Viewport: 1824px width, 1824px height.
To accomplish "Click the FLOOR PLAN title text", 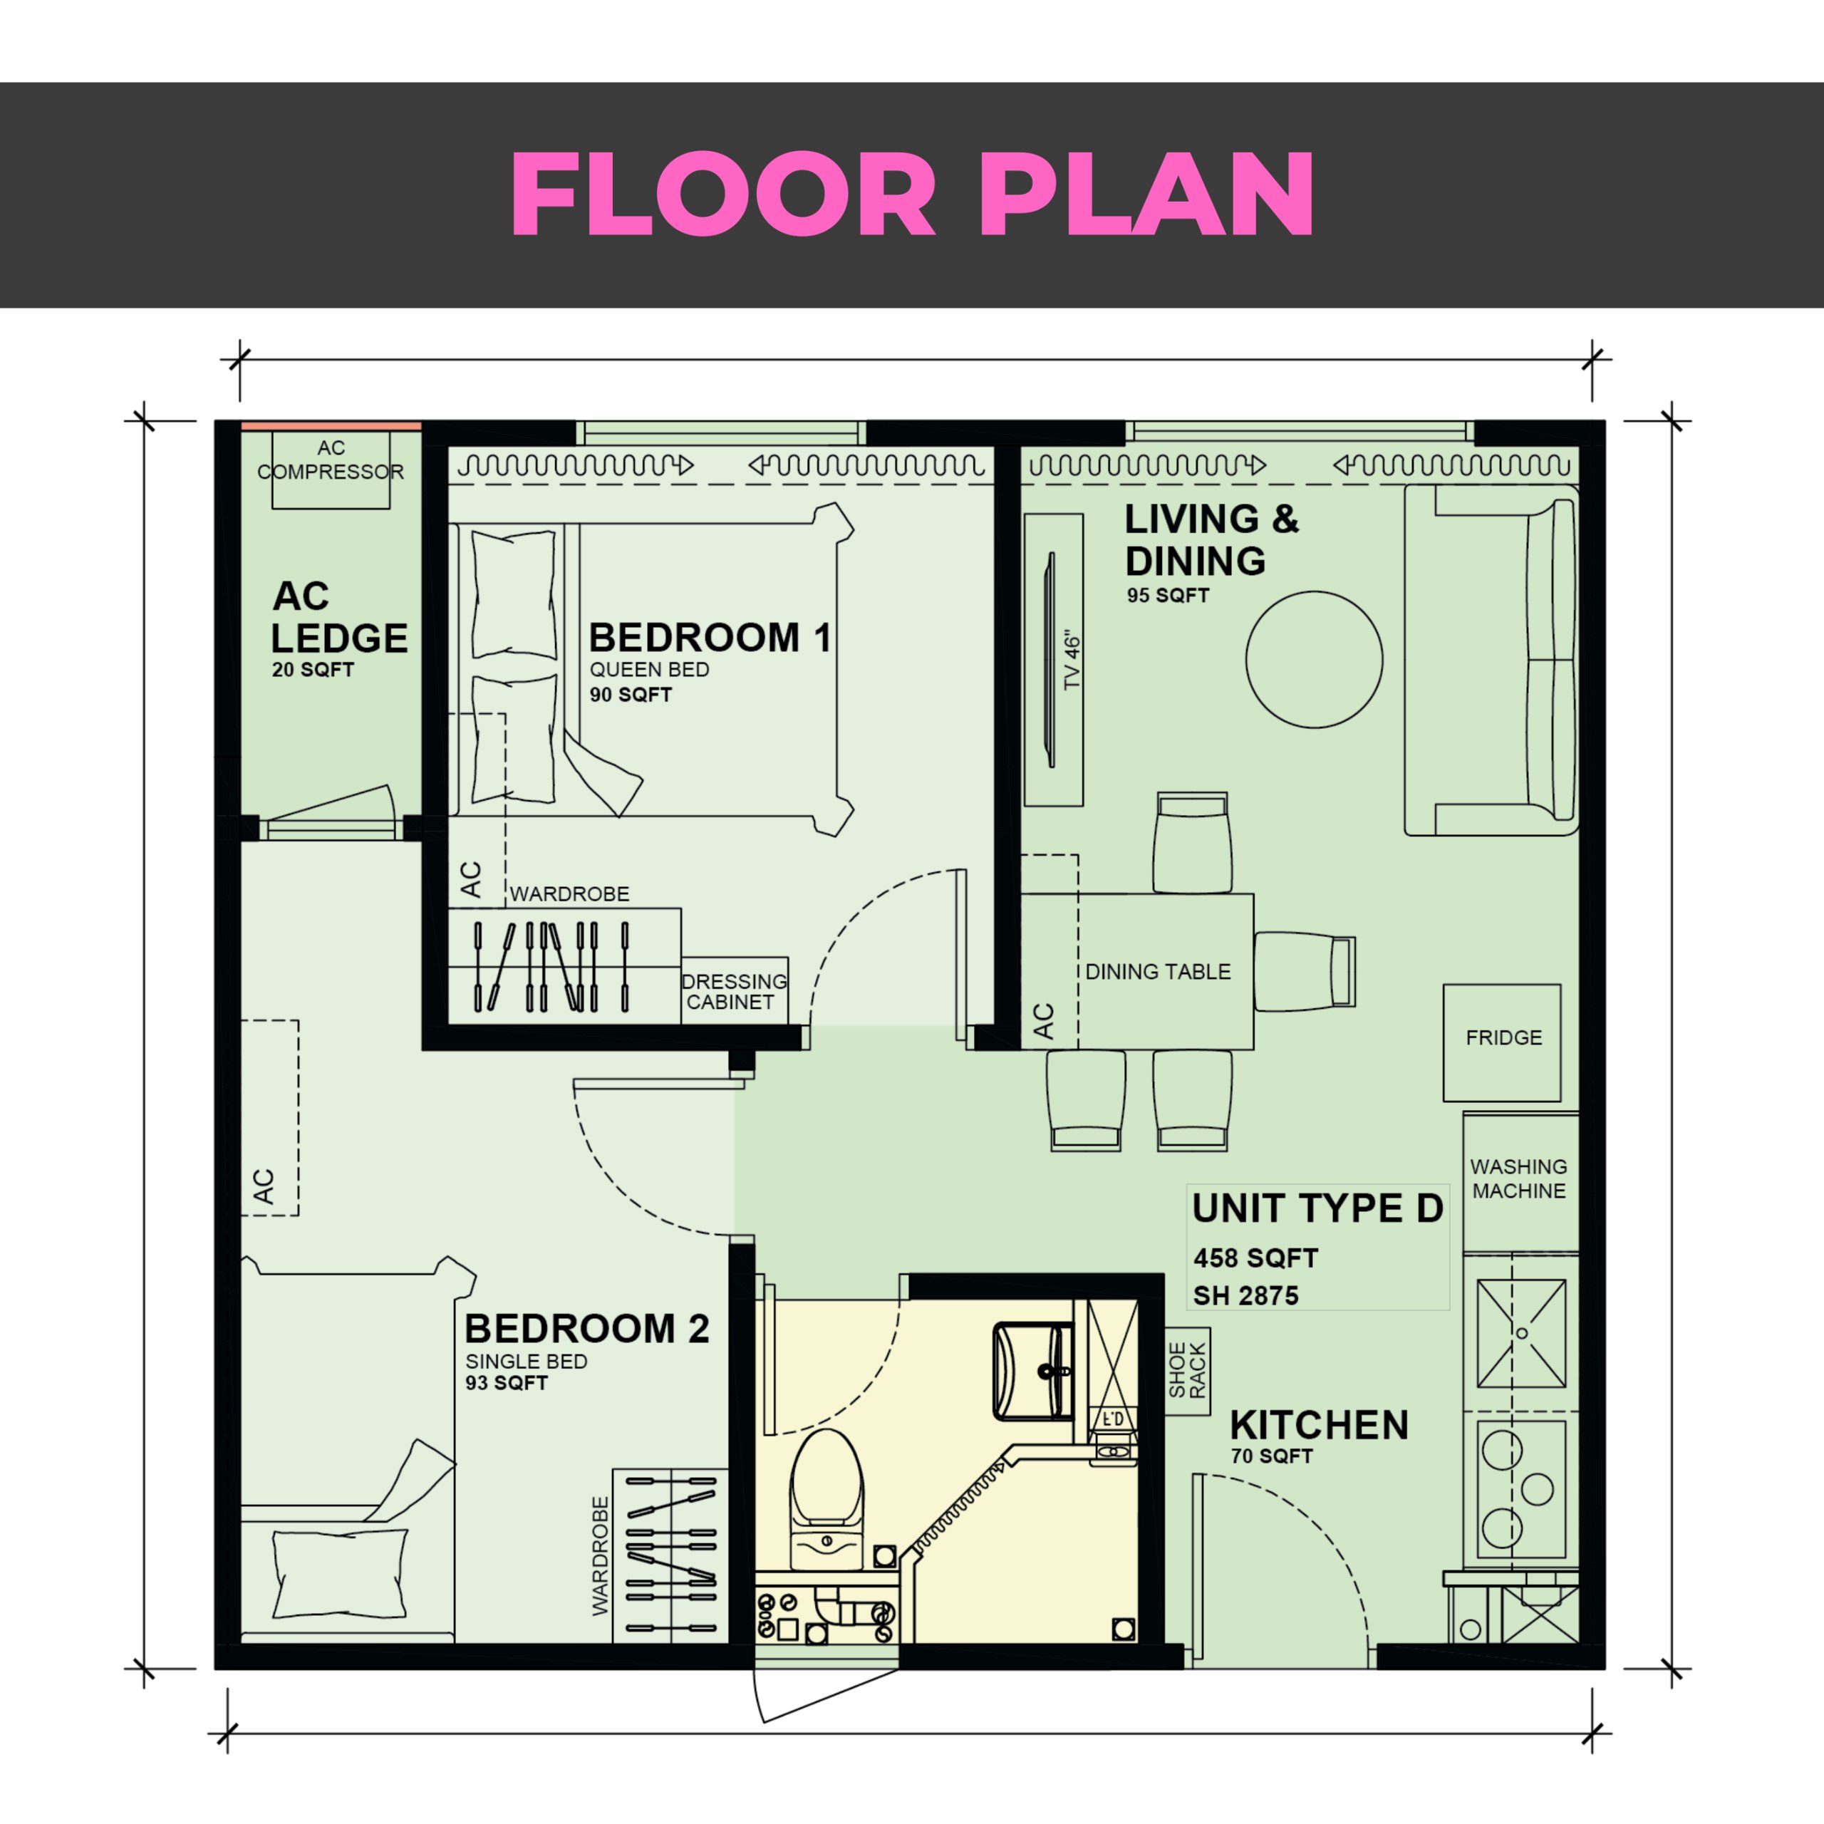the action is [x=912, y=194].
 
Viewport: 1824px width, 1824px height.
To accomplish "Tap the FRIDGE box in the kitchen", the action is [x=1502, y=1042].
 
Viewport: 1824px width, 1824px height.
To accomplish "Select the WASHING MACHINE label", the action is [x=1518, y=1178].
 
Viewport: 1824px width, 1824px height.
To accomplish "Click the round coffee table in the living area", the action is [x=1314, y=659].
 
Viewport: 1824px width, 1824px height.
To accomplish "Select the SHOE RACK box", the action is [x=1188, y=1372].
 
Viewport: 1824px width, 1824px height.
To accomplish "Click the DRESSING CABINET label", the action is [x=734, y=991].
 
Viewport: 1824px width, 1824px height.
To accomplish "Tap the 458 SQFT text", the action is [x=1255, y=1258].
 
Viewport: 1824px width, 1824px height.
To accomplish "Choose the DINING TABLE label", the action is [x=1158, y=971].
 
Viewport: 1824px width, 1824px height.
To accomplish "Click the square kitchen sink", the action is [x=1521, y=1334].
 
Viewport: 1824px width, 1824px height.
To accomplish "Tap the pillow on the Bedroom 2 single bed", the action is [x=340, y=1573].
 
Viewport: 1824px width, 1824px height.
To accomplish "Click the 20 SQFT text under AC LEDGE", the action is [x=313, y=669].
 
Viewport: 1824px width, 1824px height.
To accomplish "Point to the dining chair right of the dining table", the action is [x=1305, y=971].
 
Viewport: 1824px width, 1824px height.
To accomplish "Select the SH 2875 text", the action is [x=1245, y=1295].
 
